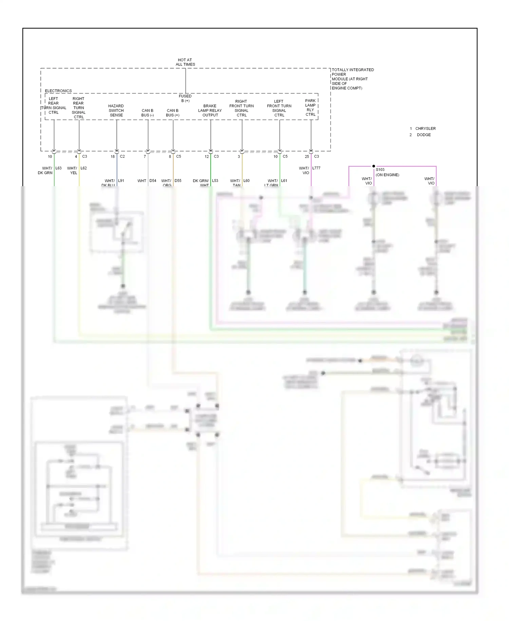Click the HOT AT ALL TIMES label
(x=185, y=62)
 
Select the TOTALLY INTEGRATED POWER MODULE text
(x=352, y=79)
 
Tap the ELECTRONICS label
(x=58, y=91)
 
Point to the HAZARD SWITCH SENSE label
(x=116, y=110)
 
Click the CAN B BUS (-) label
(x=147, y=113)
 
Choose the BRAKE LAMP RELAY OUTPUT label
(x=210, y=110)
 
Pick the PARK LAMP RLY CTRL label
(x=310, y=107)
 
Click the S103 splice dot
(x=374, y=166)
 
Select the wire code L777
(x=316, y=168)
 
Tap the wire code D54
(x=153, y=181)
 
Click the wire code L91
(x=121, y=181)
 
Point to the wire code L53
(x=215, y=181)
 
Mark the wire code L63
(x=58, y=168)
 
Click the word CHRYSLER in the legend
(x=425, y=128)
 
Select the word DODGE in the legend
(x=423, y=135)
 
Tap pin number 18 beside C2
(x=113, y=157)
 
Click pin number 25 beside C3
(x=307, y=157)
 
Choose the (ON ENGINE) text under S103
(x=387, y=175)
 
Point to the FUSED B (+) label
(x=185, y=98)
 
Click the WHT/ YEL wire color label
(x=72, y=171)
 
